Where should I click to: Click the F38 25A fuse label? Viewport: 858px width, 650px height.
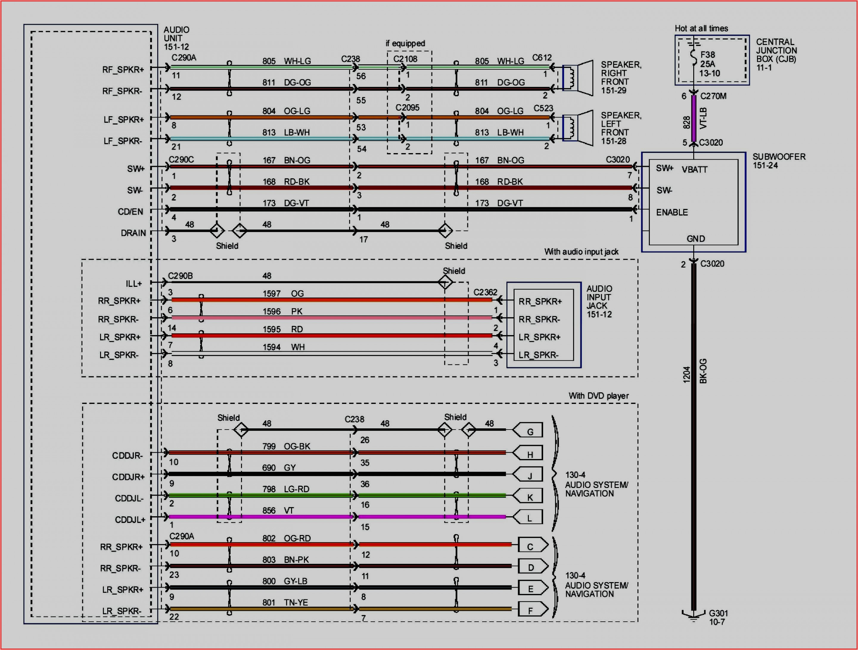click(709, 64)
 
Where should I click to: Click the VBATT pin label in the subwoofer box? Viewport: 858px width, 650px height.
click(694, 170)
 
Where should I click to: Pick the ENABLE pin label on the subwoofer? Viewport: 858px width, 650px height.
click(672, 212)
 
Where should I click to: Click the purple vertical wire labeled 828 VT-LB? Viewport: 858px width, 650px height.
click(694, 119)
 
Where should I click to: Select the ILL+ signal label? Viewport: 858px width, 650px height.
click(133, 284)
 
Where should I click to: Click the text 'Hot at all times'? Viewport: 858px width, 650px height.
click(701, 28)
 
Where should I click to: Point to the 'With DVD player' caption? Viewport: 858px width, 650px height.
click(598, 396)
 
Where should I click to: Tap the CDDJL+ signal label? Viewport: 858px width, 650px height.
click(130, 520)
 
